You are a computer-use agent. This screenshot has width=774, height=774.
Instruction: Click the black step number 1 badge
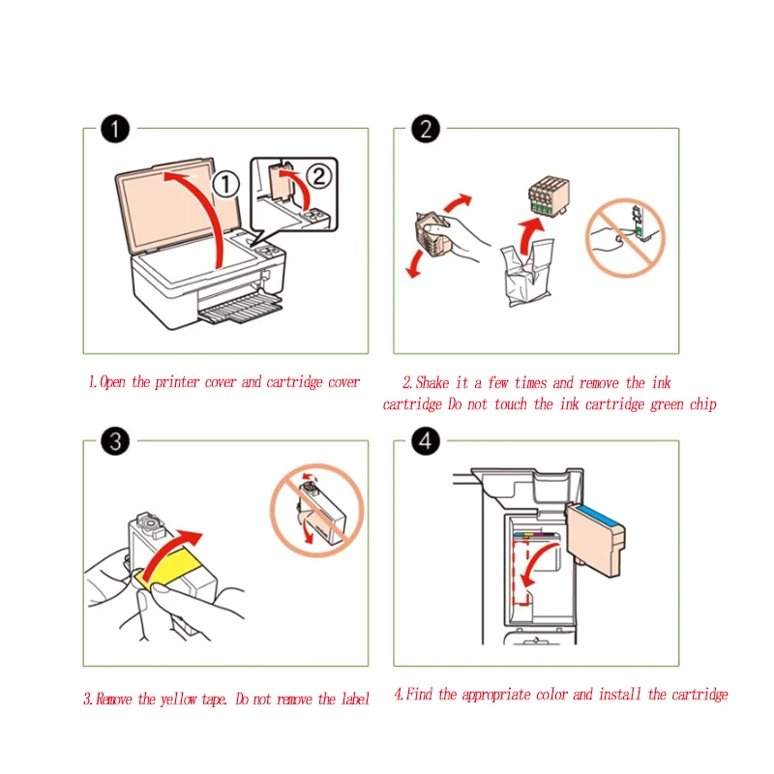point(115,129)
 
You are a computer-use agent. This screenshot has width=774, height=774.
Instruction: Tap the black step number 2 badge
point(426,129)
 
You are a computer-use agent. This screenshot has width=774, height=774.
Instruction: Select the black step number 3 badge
point(115,441)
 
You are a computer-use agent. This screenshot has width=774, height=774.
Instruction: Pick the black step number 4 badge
point(426,441)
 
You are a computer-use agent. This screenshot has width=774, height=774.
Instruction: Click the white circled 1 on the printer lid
point(226,184)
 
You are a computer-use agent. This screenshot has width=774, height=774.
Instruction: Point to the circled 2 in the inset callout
point(319,176)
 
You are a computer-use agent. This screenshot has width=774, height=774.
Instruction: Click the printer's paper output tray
point(241,308)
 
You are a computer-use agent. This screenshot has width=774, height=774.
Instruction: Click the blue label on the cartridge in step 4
point(598,516)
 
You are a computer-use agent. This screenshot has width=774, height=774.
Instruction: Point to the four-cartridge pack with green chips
point(549,197)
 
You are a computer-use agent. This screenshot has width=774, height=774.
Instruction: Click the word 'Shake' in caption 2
point(432,382)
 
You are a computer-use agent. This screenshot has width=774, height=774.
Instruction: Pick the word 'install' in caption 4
point(620,695)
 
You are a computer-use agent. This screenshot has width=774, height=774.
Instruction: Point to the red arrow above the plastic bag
point(529,237)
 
